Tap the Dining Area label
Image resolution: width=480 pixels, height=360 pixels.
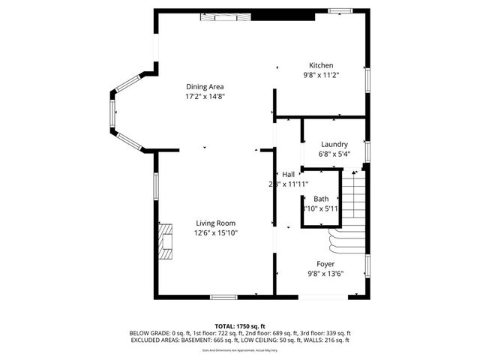click(205, 86)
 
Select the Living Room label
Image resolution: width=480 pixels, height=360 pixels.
click(216, 223)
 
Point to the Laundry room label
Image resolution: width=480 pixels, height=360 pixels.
click(334, 144)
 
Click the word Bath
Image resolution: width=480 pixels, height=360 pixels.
click(321, 199)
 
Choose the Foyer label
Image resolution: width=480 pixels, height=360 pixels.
click(325, 264)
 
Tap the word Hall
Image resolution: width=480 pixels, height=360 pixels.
click(289, 174)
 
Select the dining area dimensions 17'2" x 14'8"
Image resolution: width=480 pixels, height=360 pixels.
click(205, 97)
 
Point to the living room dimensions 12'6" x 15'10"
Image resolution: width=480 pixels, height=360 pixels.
click(216, 232)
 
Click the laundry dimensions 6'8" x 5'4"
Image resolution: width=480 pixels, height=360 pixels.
click(334, 154)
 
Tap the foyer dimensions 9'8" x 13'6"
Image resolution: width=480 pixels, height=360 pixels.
click(325, 274)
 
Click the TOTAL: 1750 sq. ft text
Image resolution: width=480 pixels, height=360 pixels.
click(239, 326)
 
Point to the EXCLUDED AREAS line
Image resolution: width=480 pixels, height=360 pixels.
click(239, 340)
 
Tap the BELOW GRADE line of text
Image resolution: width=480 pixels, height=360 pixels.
click(239, 333)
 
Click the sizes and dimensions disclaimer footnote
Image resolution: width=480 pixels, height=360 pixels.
click(239, 349)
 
